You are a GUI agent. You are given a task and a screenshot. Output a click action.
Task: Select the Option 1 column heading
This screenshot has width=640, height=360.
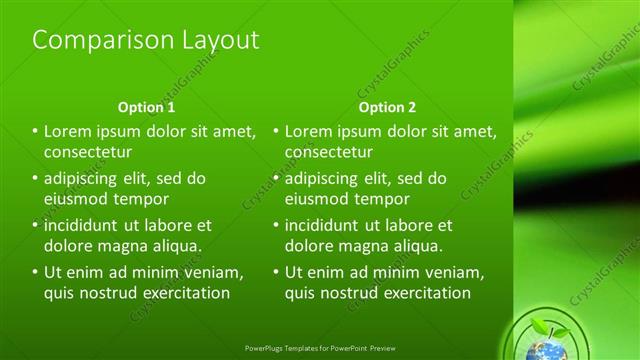[146, 107]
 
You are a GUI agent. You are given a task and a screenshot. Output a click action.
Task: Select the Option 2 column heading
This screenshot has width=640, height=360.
[387, 107]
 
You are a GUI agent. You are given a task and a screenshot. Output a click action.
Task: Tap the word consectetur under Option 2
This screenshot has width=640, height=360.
[329, 152]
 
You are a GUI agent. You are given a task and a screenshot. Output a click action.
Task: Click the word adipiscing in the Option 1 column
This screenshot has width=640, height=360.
[85, 179]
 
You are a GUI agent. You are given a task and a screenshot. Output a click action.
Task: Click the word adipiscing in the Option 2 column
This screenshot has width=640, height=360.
[326, 179]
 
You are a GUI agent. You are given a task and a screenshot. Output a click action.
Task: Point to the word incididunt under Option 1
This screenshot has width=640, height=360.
[83, 225]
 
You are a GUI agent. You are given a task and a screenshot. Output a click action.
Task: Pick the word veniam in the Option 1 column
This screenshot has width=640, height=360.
[213, 272]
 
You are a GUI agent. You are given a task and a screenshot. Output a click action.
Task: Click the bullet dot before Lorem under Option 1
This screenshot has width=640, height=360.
[35, 131]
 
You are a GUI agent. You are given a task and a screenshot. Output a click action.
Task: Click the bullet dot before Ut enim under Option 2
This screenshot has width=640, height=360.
[276, 272]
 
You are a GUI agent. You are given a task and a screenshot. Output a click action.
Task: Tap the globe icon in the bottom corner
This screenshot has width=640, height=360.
[544, 347]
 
